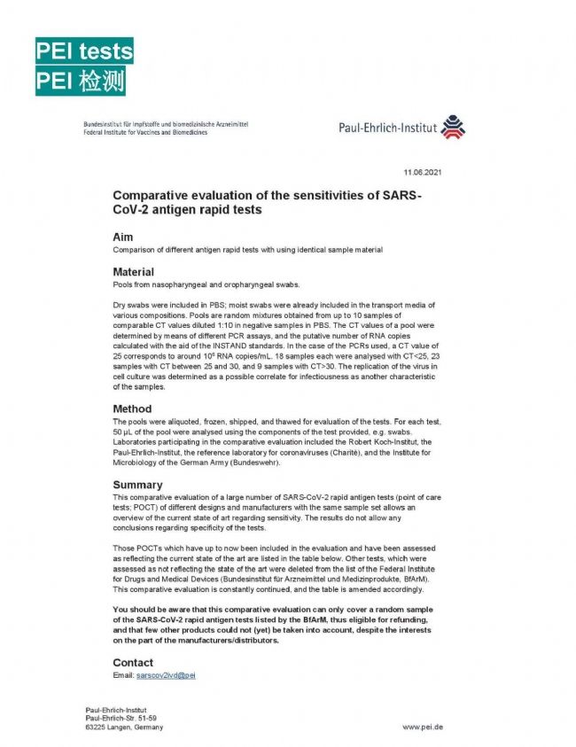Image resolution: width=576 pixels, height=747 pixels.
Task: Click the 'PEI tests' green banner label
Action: [83, 51]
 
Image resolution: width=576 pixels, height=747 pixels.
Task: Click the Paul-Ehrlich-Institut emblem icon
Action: [452, 128]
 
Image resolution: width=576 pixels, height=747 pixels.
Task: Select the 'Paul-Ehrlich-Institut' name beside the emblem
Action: [388, 128]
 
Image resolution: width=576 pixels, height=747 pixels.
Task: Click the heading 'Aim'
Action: [122, 237]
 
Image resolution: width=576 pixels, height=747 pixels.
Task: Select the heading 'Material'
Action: [133, 271]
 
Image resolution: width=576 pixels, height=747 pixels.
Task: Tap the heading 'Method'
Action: [132, 409]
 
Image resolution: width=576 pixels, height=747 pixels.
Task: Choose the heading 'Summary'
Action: [137, 485]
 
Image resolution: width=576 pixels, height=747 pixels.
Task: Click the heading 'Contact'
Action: [133, 662]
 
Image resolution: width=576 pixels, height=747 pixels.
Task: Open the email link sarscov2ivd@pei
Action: [165, 675]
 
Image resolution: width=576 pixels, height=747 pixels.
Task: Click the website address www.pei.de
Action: [423, 727]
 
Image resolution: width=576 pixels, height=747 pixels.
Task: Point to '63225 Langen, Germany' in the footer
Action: [124, 727]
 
